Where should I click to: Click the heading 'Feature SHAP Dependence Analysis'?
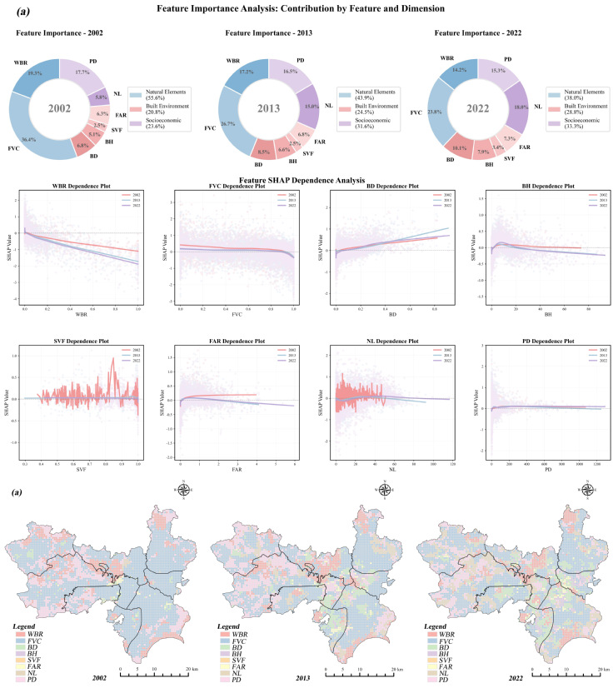click(x=306, y=180)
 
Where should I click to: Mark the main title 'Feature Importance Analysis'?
click(x=306, y=7)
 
